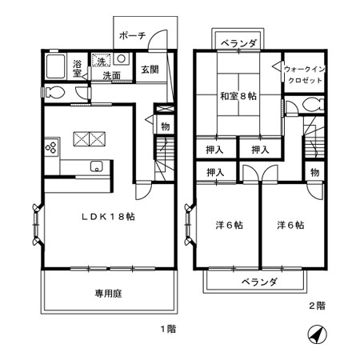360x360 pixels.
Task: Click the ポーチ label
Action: pos(130,36)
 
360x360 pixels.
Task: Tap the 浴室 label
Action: pos(78,67)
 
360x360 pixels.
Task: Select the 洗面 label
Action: pos(111,76)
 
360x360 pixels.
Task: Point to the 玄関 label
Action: pos(150,69)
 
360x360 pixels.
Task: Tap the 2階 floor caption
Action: pos(316,305)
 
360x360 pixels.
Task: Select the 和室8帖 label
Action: pos(238,96)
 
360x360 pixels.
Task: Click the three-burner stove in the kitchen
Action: pos(52,147)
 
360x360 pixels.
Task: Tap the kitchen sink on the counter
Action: pos(96,166)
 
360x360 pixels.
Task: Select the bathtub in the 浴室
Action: pos(56,67)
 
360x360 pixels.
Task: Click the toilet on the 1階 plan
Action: pos(54,93)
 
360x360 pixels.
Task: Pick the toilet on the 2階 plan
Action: pos(311,105)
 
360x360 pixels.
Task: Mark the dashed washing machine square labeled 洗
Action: pos(102,61)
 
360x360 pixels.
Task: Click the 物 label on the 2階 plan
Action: pos(315,171)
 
